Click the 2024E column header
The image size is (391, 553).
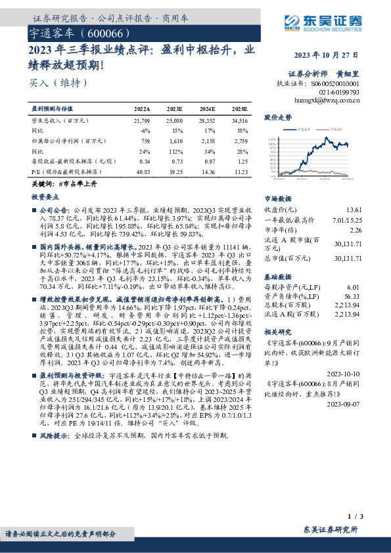tap(207, 108)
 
